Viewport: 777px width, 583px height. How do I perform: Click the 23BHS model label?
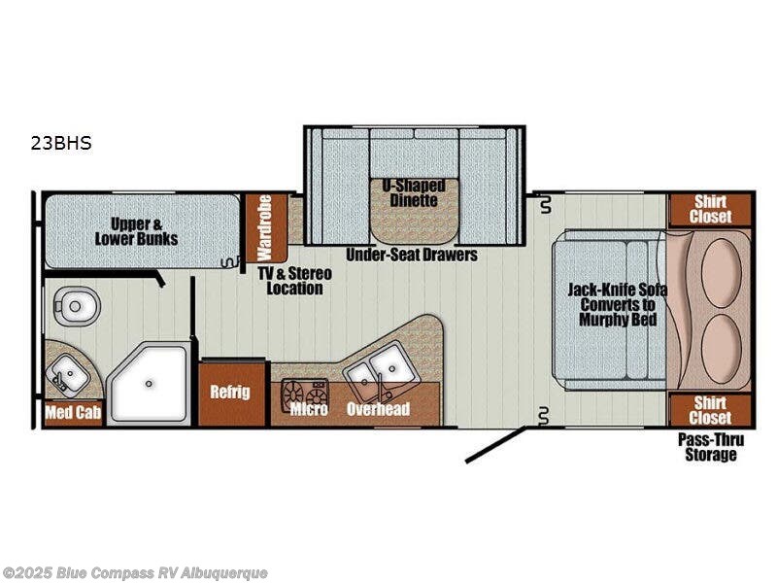coord(61,143)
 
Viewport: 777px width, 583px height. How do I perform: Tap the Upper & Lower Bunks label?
coord(136,231)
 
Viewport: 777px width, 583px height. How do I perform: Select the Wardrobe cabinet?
coord(264,228)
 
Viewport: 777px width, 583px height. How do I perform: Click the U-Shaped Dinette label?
coord(414,192)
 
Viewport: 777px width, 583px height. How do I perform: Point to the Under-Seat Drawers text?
coord(412,255)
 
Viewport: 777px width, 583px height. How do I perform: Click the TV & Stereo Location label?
coord(295,281)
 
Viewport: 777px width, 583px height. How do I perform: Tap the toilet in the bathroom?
coord(74,306)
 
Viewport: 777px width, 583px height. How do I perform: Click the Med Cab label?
coord(74,412)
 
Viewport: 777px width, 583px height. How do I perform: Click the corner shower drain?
coord(149,383)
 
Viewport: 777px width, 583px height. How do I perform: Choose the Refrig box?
coord(231,393)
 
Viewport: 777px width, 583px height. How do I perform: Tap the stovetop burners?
coord(304,395)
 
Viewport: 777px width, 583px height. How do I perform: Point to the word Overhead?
coord(378,409)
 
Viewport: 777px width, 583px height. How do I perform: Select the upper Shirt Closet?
coord(710,210)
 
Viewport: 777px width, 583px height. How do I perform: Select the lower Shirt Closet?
coord(710,410)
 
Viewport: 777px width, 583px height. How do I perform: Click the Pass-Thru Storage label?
coord(711,447)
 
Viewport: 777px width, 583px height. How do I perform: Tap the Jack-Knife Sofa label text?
coord(617,304)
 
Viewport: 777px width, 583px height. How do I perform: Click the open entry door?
coord(495,445)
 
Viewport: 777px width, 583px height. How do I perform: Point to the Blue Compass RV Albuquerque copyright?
coord(134,573)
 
